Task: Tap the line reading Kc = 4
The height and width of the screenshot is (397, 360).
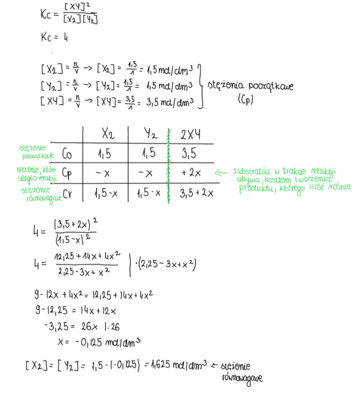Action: [x=55, y=38]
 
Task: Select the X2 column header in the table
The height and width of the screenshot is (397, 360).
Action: [x=107, y=134]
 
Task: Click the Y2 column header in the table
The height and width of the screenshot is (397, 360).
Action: [x=149, y=134]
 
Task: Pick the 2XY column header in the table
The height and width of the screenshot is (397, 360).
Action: [x=191, y=134]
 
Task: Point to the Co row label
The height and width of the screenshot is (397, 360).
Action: [x=67, y=154]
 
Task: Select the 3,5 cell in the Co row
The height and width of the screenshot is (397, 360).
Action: [x=190, y=153]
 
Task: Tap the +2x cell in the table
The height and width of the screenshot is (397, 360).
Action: [x=191, y=172]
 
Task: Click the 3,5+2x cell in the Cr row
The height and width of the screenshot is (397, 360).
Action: [x=197, y=193]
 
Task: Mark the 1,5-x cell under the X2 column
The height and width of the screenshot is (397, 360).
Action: [x=107, y=193]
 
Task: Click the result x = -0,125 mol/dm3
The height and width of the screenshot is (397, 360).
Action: [x=98, y=341]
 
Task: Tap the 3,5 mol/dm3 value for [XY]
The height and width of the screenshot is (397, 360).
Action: [x=169, y=102]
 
